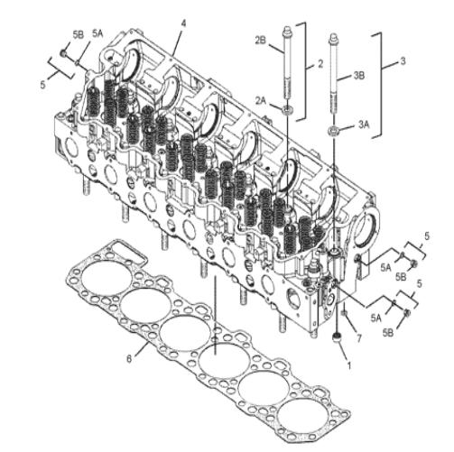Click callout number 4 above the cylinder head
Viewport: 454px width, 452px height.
point(183,23)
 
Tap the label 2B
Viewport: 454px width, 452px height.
point(261,41)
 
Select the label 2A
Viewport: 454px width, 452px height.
point(261,101)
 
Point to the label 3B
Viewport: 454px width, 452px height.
point(358,76)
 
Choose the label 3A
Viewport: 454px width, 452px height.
point(364,125)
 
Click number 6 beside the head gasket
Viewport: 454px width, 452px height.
point(129,359)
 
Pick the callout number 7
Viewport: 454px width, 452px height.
point(358,338)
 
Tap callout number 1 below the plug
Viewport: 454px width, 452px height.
point(349,365)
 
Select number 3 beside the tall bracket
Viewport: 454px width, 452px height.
point(403,60)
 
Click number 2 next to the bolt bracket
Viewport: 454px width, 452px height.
point(320,63)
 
